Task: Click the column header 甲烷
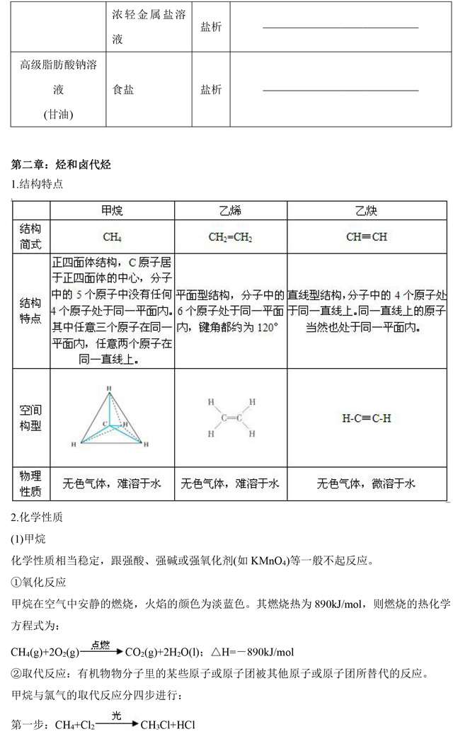tap(112, 211)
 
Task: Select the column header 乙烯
tap(230, 211)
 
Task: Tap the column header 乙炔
tap(367, 211)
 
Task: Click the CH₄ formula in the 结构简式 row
tap(112, 237)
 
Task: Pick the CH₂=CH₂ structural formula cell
tap(230, 237)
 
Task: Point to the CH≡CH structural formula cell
tap(367, 237)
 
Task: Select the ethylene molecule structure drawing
tap(230, 418)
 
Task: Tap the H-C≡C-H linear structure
tap(367, 418)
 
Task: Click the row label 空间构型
tap(30, 418)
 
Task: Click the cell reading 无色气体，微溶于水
tap(367, 484)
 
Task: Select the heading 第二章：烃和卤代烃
tap(62, 165)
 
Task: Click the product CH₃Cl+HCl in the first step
tap(168, 726)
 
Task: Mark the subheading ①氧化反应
tap(39, 583)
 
